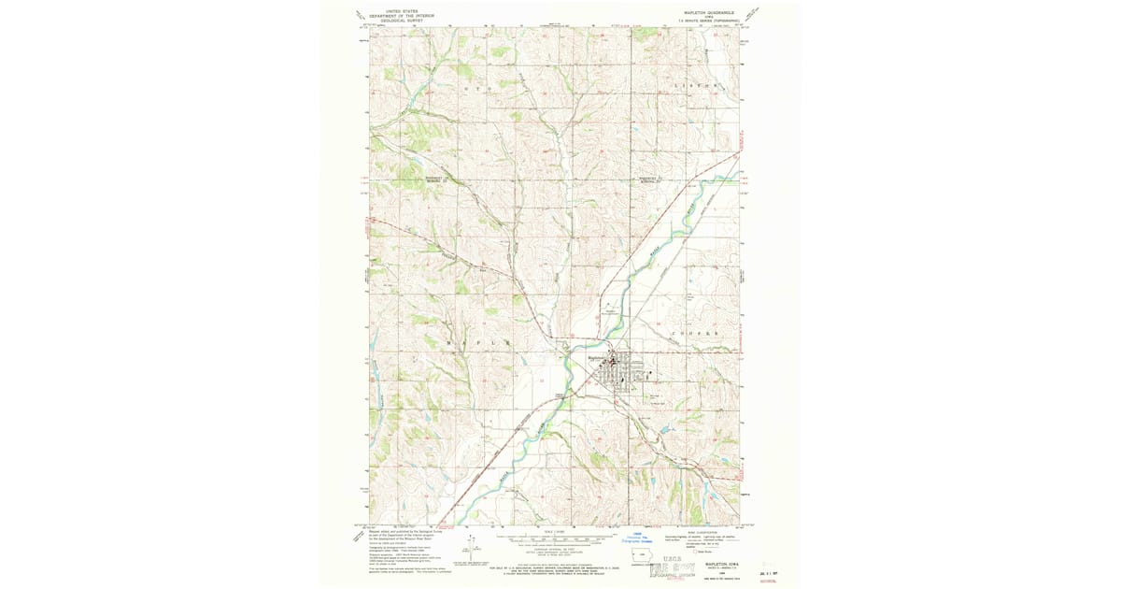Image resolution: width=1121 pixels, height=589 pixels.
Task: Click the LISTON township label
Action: point(696,85)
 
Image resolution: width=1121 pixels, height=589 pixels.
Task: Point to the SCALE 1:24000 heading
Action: point(553,530)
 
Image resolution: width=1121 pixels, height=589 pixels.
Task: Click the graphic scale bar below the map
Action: point(553,539)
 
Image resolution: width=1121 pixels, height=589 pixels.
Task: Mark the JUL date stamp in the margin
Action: point(770,569)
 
